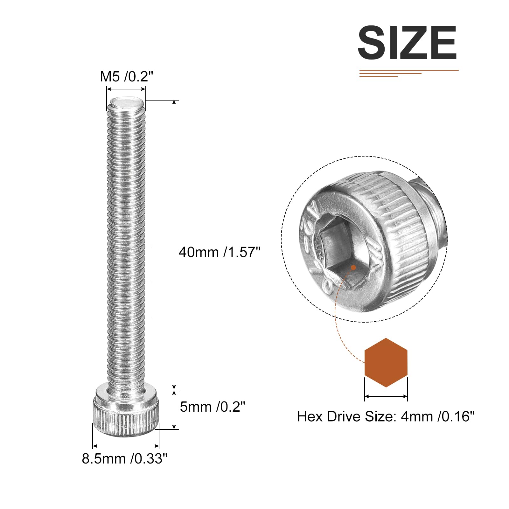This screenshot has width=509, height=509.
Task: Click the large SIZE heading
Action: pyautogui.click(x=408, y=43)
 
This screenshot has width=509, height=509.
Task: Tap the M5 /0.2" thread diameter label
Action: pyautogui.click(x=127, y=77)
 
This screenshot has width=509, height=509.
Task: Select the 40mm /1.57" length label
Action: pyautogui.click(x=220, y=252)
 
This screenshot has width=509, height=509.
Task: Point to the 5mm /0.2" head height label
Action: pyautogui.click(x=213, y=407)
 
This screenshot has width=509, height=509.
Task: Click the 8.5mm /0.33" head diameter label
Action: pyautogui.click(x=125, y=458)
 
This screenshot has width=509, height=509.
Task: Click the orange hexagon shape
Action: pyautogui.click(x=386, y=362)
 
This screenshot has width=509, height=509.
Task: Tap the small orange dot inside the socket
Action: pyautogui.click(x=353, y=268)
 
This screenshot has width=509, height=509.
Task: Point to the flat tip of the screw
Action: pyautogui.click(x=126, y=102)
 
